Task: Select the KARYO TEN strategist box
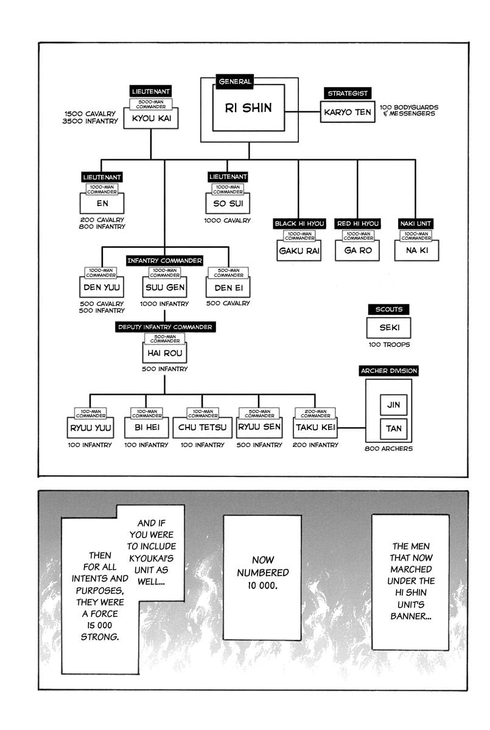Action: click(x=347, y=112)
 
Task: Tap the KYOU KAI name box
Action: click(x=151, y=119)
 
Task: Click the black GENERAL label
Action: click(x=234, y=82)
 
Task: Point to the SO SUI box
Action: click(x=228, y=203)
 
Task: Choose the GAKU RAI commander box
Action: click(x=299, y=251)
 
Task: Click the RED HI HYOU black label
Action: click(x=357, y=224)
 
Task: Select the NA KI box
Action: click(x=417, y=251)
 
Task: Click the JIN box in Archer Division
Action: click(x=393, y=405)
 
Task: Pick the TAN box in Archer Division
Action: click(x=393, y=428)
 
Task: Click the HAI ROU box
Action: click(x=164, y=352)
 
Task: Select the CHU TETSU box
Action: click(x=202, y=428)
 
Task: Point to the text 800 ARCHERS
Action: click(x=388, y=449)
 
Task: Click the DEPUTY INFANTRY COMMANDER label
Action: click(x=164, y=327)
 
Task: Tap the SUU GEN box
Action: click(x=164, y=287)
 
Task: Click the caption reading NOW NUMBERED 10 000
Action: click(x=263, y=572)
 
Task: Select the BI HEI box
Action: click(x=146, y=428)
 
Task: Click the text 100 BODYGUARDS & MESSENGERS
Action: click(x=408, y=111)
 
